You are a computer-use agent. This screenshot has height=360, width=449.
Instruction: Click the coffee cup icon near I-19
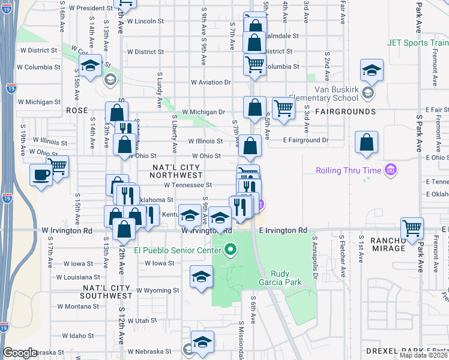click(41, 175)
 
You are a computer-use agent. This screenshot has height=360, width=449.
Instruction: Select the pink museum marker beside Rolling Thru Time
click(391, 170)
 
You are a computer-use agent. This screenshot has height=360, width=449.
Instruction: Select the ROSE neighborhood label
click(77, 111)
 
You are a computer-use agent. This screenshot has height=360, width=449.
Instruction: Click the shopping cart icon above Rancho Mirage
click(412, 227)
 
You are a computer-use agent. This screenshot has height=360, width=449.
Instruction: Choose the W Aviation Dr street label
click(211, 82)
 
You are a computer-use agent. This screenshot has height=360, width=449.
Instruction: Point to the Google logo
click(20, 353)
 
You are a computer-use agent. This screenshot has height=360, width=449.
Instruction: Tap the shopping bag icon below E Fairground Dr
click(366, 143)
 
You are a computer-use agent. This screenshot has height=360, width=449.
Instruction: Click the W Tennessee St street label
click(188, 185)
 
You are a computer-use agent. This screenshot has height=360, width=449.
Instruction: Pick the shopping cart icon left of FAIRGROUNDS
click(283, 109)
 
